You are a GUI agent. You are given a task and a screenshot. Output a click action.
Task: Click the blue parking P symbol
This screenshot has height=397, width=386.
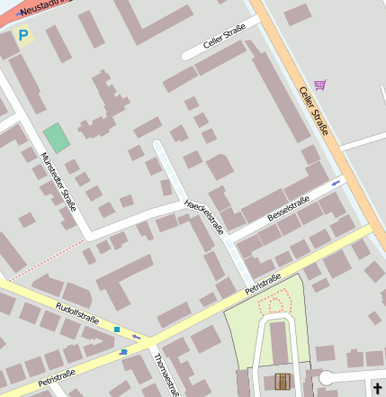23,37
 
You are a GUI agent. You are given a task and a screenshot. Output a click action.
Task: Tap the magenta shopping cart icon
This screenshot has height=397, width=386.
320,85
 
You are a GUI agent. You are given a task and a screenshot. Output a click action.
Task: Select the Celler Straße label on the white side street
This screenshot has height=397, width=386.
224,41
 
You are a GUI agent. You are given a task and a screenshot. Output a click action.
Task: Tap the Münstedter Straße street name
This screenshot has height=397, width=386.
58,181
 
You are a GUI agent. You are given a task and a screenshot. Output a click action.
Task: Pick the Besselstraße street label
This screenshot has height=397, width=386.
289,208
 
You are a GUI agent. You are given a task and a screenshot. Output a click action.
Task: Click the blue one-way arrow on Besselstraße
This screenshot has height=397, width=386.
337,183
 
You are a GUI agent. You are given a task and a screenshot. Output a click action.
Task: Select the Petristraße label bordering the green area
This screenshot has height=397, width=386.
263,284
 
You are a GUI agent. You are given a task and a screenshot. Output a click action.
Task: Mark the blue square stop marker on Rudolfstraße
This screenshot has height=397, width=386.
117,329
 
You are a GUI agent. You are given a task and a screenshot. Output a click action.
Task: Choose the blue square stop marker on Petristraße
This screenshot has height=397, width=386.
123,351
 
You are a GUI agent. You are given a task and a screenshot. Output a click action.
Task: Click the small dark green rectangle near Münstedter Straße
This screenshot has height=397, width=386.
56,138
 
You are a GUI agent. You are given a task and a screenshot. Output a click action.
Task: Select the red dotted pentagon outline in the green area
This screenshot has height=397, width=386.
276,302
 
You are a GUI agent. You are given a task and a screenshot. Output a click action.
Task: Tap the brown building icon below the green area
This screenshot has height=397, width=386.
283,382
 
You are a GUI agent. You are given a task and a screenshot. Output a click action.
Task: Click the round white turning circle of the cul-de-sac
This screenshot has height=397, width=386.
326,377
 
